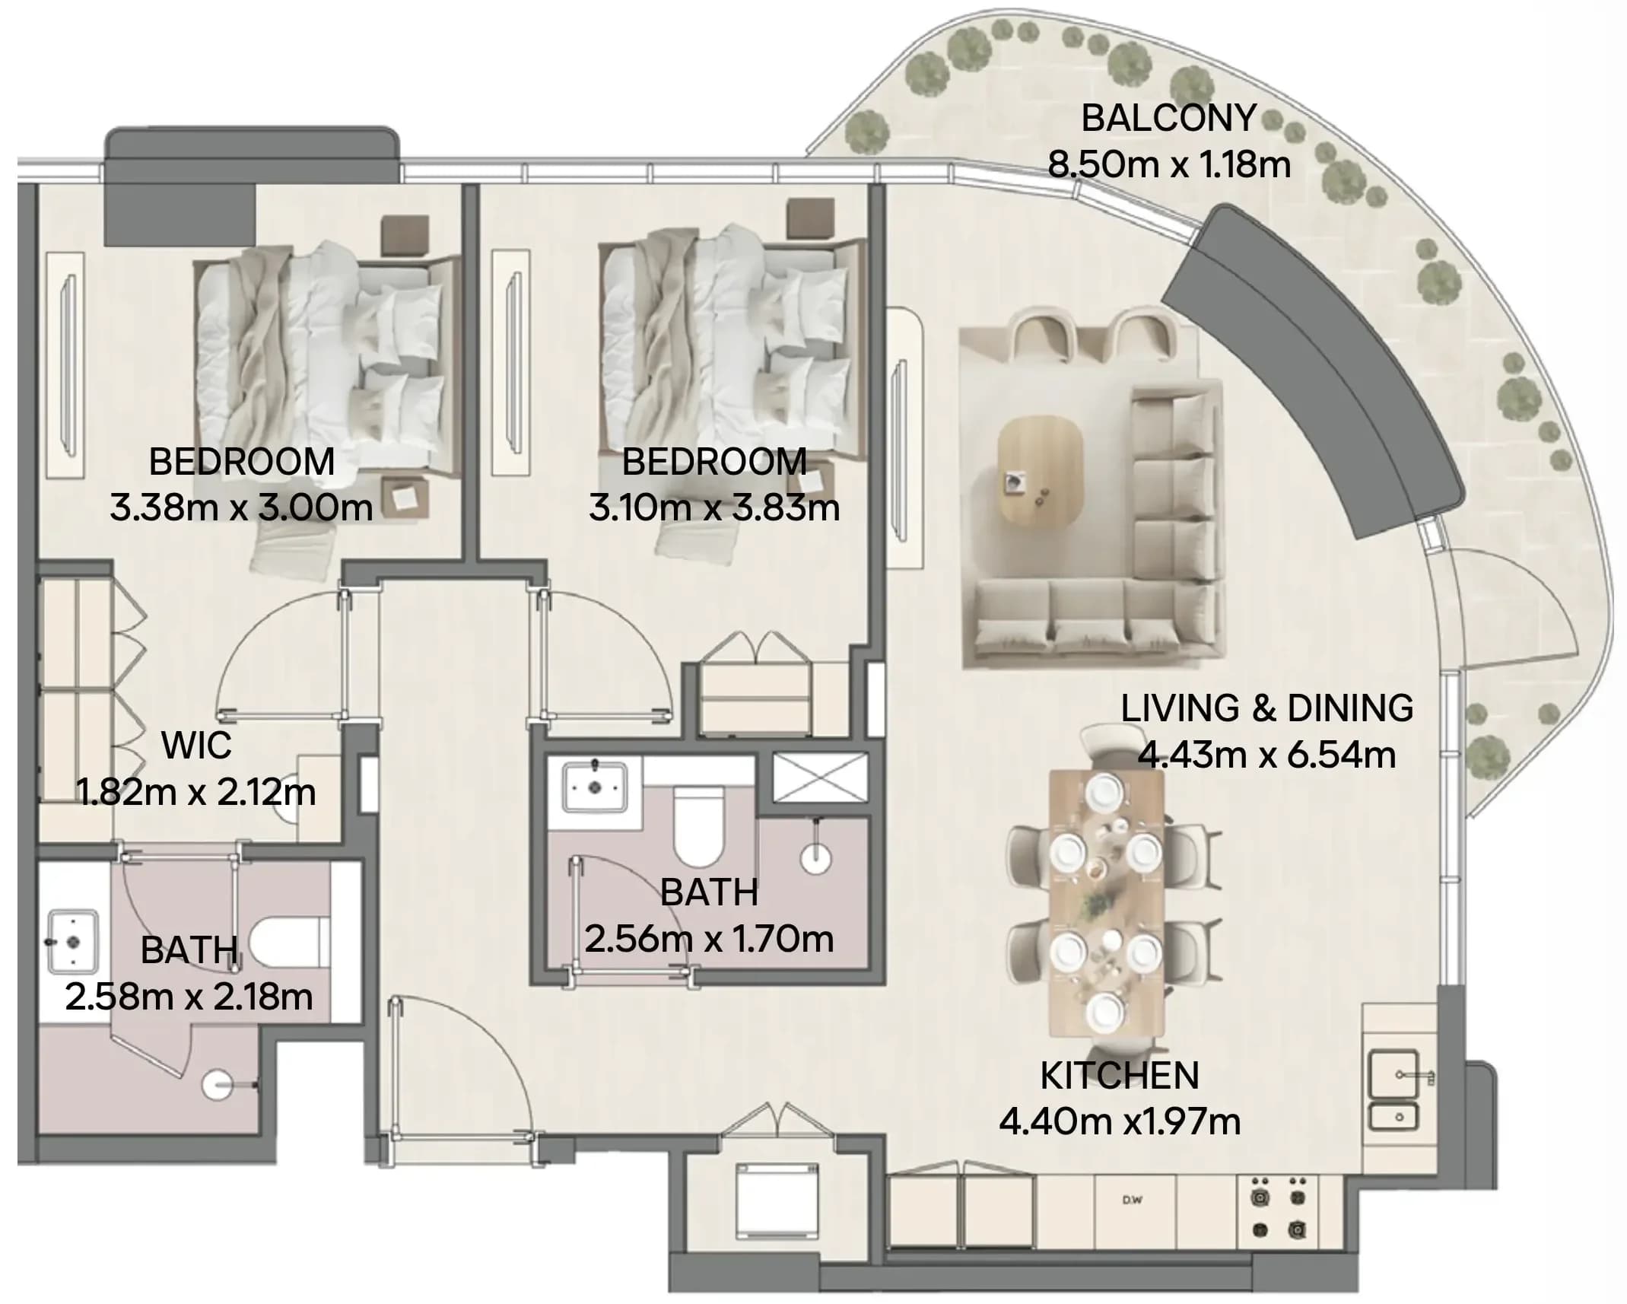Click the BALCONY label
tap(1168, 118)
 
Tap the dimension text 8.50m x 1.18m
tap(1169, 164)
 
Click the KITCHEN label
tap(1119, 1075)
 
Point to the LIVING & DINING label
tap(1266, 708)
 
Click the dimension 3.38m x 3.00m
tap(241, 507)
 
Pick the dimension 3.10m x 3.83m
tap(714, 507)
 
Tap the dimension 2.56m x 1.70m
tap(709, 939)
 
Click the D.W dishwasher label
tap(1133, 1201)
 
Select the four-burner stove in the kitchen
tap(1279, 1208)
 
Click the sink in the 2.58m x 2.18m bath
tap(72, 943)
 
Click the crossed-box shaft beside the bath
tap(820, 777)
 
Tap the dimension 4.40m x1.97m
tap(1120, 1121)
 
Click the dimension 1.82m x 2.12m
tap(196, 792)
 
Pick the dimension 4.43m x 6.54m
tap(1266, 755)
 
